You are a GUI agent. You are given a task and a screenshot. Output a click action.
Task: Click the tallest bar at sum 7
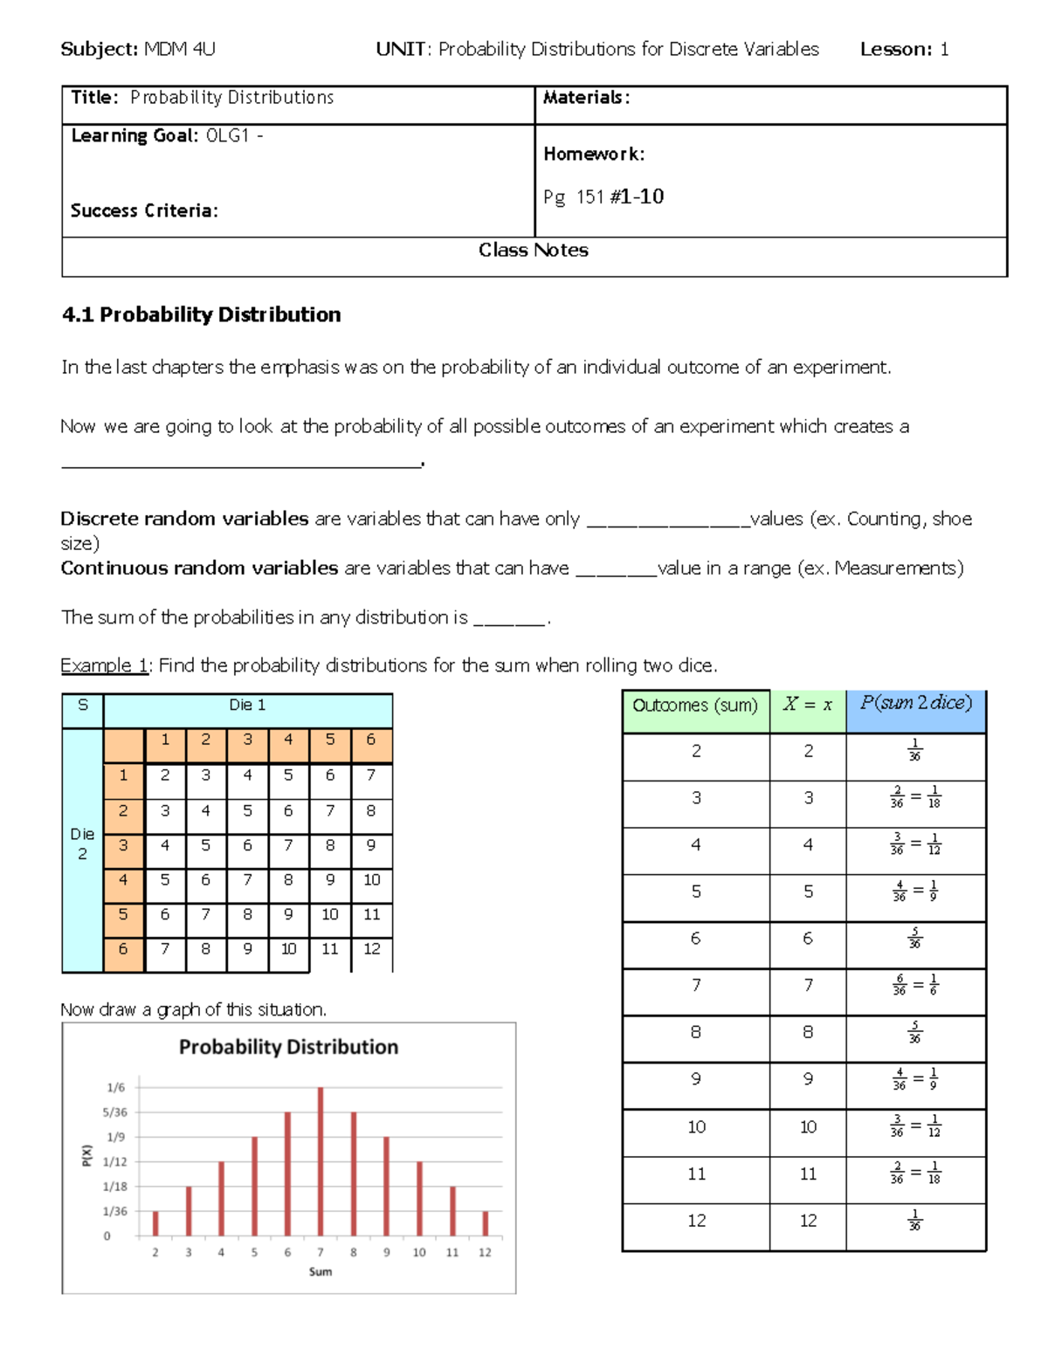[x=321, y=1161]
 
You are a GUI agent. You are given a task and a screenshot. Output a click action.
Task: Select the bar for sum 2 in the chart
[x=155, y=1223]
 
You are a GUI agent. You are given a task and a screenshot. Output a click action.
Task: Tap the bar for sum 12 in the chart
[x=486, y=1223]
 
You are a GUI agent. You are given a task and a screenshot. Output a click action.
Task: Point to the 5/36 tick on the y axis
[x=114, y=1112]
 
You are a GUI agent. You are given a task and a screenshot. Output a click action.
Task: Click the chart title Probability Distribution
[x=288, y=1047]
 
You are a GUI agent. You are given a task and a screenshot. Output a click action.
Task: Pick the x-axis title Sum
[x=321, y=1271]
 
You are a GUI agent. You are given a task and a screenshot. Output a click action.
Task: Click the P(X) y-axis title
[x=86, y=1154]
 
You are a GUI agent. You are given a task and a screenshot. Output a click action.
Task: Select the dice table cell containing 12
[x=372, y=949]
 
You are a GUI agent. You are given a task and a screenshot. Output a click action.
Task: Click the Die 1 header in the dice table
[x=247, y=705]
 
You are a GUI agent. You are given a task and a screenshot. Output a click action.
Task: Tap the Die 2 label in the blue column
[x=82, y=844]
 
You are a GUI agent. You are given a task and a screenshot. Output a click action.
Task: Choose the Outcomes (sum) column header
[x=695, y=706]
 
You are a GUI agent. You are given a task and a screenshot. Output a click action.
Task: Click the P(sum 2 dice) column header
[x=915, y=703]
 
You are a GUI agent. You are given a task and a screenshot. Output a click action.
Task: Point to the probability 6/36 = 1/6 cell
[x=915, y=986]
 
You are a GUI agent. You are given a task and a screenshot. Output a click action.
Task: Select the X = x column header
[x=807, y=705]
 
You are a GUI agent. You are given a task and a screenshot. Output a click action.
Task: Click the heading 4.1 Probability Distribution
[x=202, y=314]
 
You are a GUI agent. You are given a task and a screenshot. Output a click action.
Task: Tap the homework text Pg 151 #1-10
[x=603, y=196]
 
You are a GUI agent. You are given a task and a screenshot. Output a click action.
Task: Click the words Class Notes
[x=534, y=251]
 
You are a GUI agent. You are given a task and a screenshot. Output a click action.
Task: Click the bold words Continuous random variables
[x=199, y=568]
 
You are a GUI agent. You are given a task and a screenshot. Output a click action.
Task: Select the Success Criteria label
[x=144, y=210]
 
